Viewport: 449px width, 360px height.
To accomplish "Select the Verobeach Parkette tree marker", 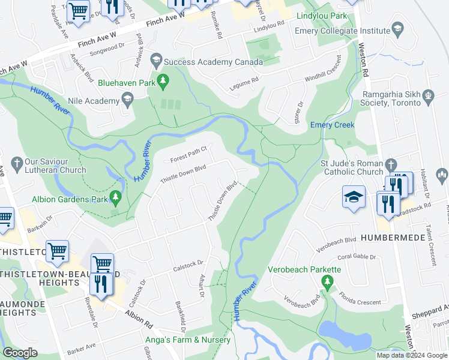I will pos(327,281).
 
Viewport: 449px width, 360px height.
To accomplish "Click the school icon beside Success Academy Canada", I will pos(156,59).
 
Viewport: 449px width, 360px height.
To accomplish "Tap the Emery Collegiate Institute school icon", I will pos(397,28).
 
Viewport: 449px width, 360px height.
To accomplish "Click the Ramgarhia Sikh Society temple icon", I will pos(429,95).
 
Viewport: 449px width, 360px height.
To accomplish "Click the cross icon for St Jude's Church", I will pos(391,164).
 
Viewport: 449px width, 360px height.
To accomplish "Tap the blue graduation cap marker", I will pos(354,197).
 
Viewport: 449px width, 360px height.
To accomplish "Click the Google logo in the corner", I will pos(20,353).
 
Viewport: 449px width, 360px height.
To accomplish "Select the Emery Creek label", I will pos(332,125).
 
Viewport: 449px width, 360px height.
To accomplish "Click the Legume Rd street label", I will pos(244,84).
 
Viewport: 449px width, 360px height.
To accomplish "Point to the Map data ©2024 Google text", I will pos(411,355).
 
